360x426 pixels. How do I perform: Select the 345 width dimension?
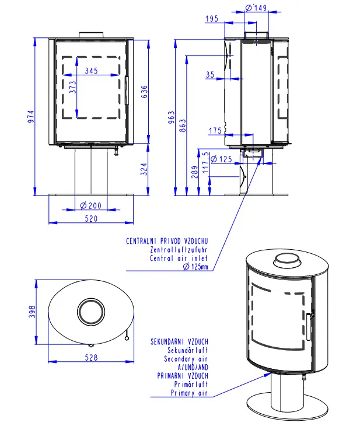tap(90, 71)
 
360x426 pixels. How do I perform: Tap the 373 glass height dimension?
tap(72, 88)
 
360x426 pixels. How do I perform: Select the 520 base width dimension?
tap(90, 219)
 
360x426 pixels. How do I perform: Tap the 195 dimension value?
tap(212, 19)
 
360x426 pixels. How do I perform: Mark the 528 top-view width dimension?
tap(90, 357)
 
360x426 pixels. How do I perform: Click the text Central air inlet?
tap(179, 258)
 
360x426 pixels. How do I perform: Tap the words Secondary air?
tap(187, 359)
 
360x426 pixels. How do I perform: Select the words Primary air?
tap(189, 394)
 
